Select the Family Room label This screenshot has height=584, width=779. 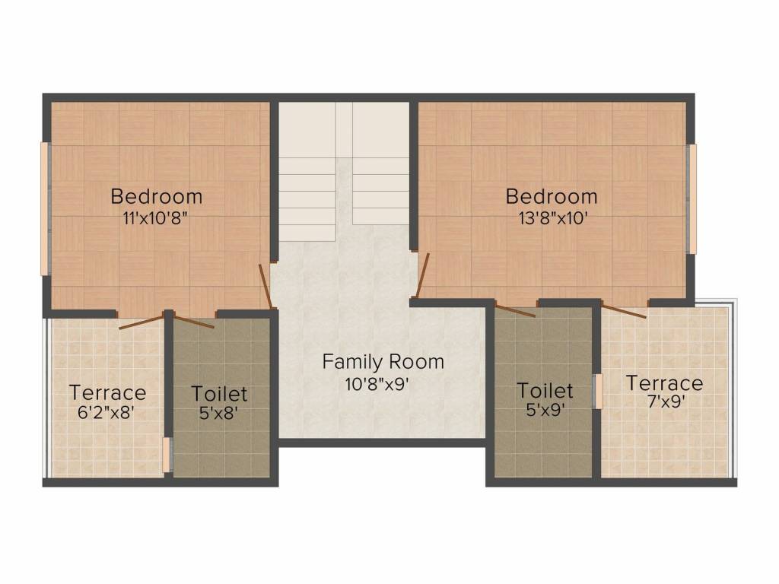pyautogui.click(x=383, y=361)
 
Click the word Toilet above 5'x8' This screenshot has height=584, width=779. pyautogui.click(x=219, y=394)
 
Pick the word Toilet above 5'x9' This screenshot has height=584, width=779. pyautogui.click(x=545, y=391)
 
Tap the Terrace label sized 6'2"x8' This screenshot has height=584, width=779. pyautogui.click(x=107, y=393)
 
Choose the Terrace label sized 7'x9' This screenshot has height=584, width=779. pyautogui.click(x=664, y=382)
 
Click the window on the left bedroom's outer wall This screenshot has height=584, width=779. pyautogui.click(x=45, y=208)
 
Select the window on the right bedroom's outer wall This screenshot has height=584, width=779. pyautogui.click(x=692, y=199)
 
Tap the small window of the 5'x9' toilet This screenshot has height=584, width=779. pyautogui.click(x=598, y=391)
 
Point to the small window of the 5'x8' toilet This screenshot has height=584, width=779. pyautogui.click(x=167, y=455)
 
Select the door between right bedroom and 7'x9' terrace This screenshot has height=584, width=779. pyautogui.click(x=624, y=310)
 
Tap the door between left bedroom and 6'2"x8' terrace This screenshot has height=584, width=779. pyautogui.click(x=141, y=322)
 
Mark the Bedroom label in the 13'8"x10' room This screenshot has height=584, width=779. pyautogui.click(x=552, y=196)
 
